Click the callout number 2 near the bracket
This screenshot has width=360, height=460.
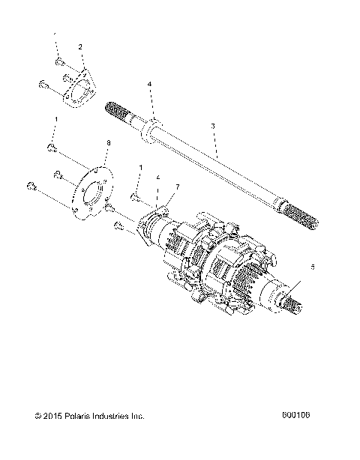(80, 46)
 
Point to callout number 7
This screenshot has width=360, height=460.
(177, 186)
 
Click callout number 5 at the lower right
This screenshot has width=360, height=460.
(313, 266)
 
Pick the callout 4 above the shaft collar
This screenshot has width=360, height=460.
(150, 84)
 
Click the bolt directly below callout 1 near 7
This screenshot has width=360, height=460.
(134, 198)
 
